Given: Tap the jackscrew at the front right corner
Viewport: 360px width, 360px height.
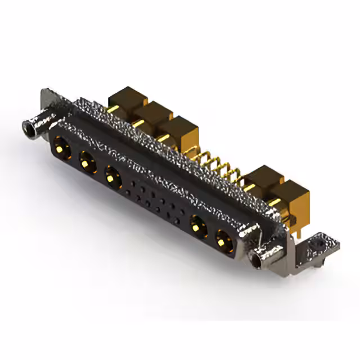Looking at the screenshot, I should point(256,258).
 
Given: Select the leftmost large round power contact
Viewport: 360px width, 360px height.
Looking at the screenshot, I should point(61,149).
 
